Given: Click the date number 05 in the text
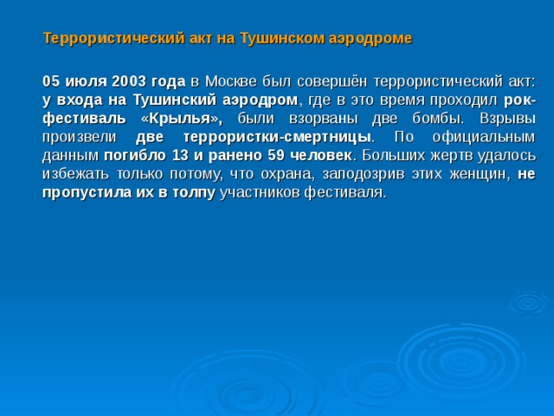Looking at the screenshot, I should point(50,81).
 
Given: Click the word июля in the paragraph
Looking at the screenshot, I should point(85,81).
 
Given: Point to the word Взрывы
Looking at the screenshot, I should point(504,119).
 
